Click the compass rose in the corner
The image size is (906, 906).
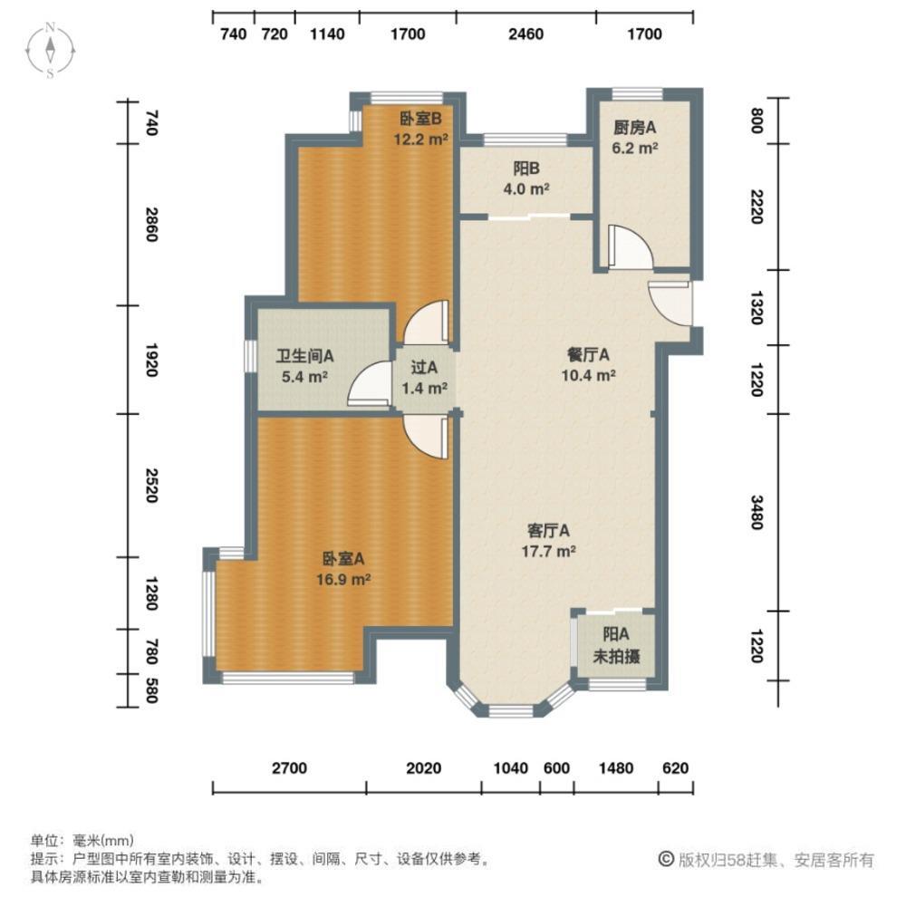click(53, 51)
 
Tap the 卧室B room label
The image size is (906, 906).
click(420, 118)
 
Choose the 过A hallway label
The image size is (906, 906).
click(425, 368)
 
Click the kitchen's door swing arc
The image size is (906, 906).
click(627, 246)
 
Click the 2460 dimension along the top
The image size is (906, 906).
click(525, 34)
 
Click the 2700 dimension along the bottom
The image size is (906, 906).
click(289, 768)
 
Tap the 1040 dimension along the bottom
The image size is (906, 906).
click(510, 768)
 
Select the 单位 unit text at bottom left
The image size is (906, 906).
click(44, 841)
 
